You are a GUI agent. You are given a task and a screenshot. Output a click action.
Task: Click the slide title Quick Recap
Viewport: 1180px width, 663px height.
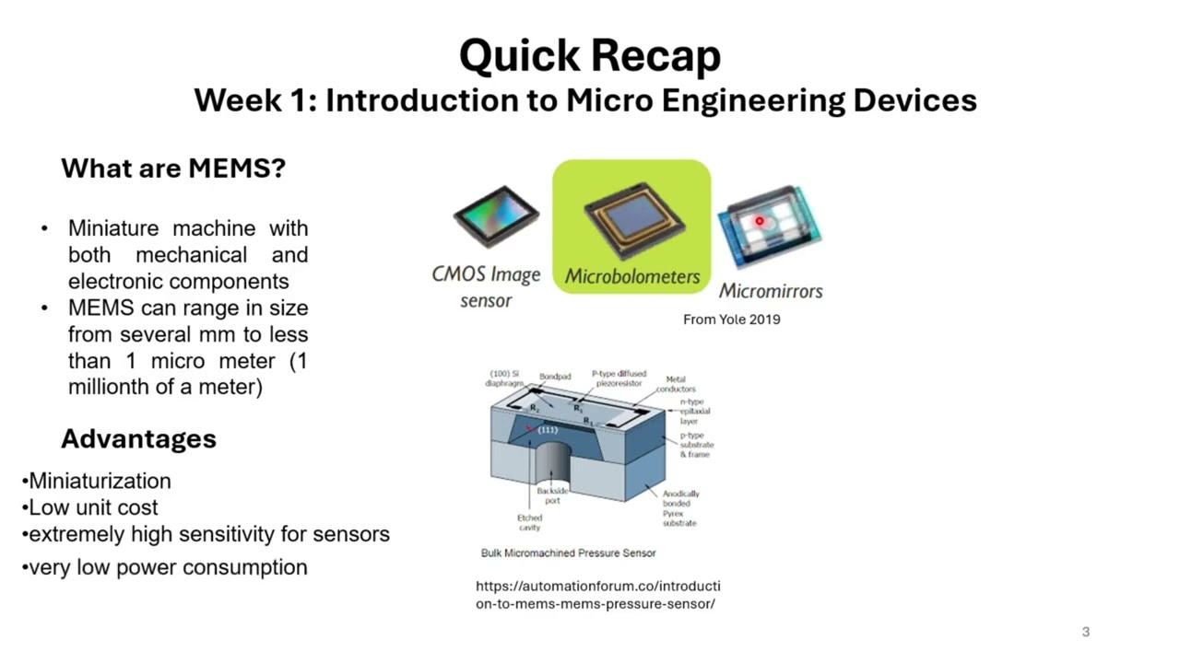[x=589, y=56]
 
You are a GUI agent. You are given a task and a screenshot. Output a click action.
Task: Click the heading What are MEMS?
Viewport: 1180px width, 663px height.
[x=173, y=169]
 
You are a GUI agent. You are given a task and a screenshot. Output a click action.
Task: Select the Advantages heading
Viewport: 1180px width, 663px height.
[x=138, y=439]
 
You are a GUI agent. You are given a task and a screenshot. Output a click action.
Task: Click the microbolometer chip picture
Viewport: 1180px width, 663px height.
[x=632, y=219]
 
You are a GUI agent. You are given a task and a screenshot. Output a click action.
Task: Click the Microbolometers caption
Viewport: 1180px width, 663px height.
[x=632, y=276]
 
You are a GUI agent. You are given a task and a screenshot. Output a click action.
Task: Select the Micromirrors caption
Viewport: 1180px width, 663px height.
[x=771, y=291]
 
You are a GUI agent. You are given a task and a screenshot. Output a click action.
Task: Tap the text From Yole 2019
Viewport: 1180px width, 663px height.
[x=731, y=320]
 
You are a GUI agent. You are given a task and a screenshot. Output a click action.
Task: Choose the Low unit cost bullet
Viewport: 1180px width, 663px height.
[x=93, y=507]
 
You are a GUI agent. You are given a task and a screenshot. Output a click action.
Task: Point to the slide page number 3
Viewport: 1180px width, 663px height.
[x=1085, y=632]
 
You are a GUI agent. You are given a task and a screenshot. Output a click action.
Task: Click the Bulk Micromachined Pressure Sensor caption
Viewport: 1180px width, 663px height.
[x=568, y=553]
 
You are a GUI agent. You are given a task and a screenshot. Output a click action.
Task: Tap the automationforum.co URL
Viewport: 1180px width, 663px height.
[x=597, y=595]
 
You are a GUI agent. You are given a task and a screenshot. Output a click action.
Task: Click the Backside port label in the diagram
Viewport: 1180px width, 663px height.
[x=552, y=495]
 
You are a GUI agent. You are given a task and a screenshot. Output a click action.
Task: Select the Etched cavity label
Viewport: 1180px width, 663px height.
[x=529, y=522]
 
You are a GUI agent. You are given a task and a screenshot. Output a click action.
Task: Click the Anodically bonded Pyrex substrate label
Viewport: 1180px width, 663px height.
[x=680, y=508]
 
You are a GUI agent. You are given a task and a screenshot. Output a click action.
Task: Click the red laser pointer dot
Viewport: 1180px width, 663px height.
[x=760, y=221]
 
